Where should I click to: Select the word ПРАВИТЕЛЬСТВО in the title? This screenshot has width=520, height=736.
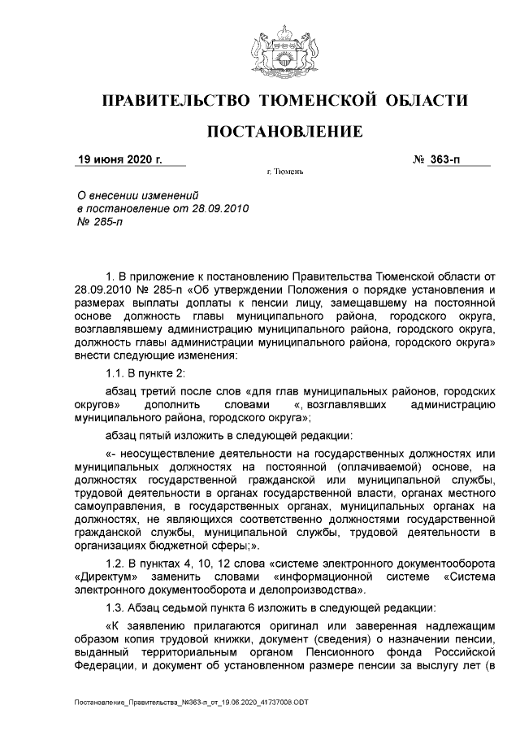174,101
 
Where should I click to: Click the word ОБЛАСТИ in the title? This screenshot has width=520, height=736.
427,101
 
